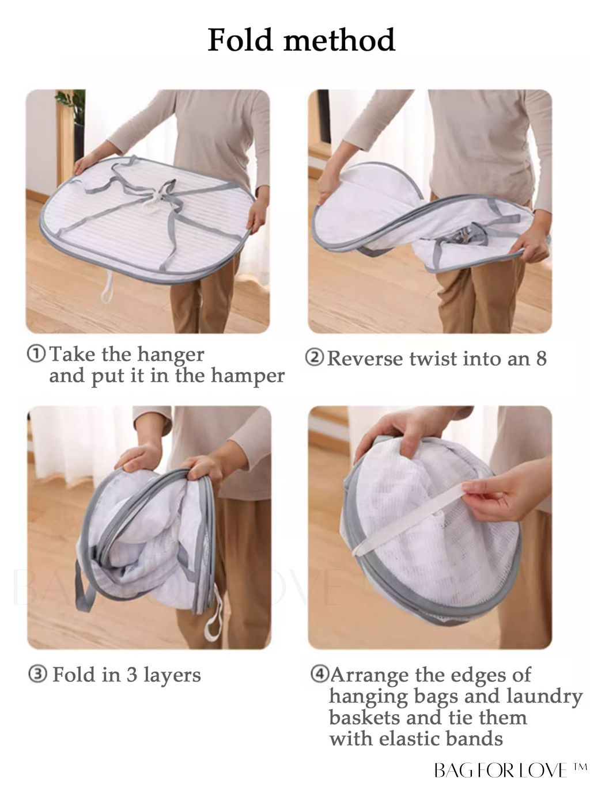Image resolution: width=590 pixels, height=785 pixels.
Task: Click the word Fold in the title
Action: [x=241, y=40]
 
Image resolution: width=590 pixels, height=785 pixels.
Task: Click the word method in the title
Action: [x=339, y=40]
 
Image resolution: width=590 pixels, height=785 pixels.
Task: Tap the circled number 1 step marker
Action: [x=36, y=354]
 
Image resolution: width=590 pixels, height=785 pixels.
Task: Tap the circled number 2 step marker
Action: [x=314, y=358]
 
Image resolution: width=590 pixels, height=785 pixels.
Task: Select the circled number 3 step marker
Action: [x=37, y=675]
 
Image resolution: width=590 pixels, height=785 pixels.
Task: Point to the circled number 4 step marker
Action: [x=319, y=674]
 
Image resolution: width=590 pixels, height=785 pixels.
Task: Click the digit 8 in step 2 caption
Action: [x=541, y=359]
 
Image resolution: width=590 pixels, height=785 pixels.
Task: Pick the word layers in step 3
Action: [x=172, y=676]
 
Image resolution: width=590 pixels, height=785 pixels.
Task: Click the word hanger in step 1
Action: [x=171, y=355]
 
